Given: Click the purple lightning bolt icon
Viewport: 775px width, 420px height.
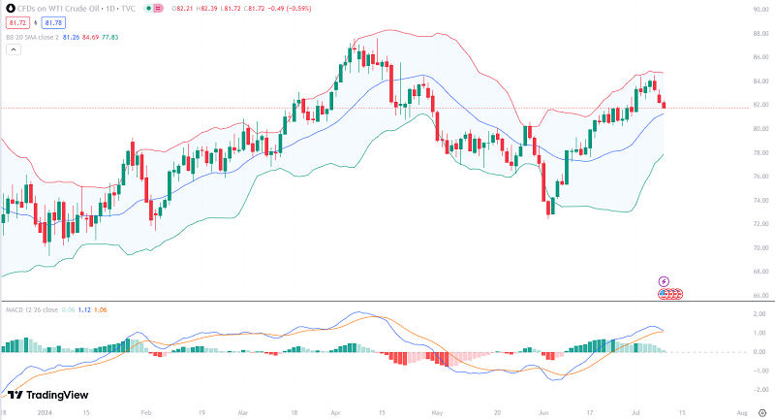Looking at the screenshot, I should coord(665,281).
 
